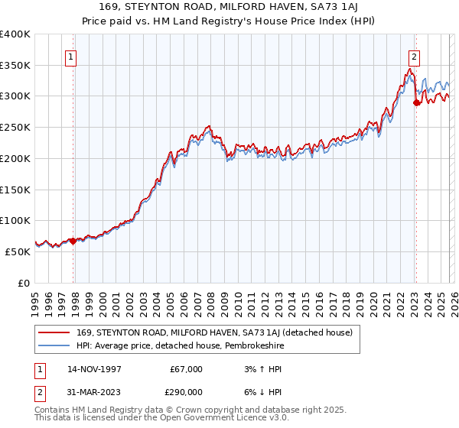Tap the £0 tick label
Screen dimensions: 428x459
(23, 283)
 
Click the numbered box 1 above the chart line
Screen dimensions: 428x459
(70, 56)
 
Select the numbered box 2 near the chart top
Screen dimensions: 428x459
(414, 56)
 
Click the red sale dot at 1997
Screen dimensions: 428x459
(73, 241)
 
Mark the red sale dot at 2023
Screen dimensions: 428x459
(416, 102)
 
